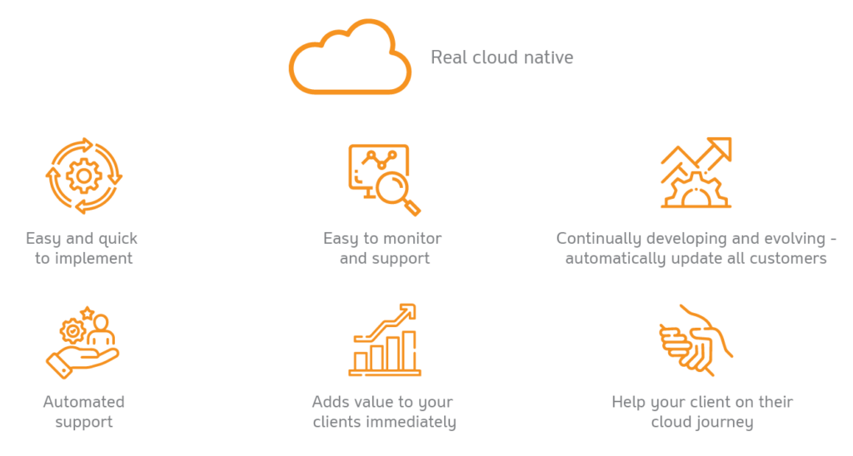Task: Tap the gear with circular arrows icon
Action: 82,176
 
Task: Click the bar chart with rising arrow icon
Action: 385,340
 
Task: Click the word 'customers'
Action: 788,258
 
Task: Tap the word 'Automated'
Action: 83,402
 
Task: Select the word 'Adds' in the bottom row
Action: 330,402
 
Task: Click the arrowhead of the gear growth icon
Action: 721,149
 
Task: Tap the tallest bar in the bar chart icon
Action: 409,349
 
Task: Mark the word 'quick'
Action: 117,238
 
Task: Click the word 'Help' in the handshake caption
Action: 629,402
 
